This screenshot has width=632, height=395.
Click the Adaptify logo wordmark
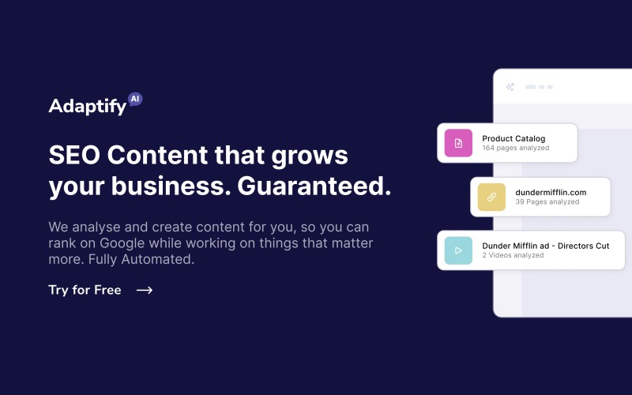point(88,106)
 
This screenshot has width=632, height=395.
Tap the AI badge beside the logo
point(135,100)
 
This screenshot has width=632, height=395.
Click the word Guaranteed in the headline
point(314,186)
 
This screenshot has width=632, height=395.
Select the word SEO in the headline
point(74,155)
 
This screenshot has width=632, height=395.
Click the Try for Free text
point(85,290)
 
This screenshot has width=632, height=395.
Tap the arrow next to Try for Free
point(145,290)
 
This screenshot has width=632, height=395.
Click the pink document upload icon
point(458,143)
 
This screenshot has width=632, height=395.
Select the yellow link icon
point(491,197)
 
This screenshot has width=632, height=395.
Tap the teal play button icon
point(458,250)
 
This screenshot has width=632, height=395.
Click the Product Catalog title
point(513,139)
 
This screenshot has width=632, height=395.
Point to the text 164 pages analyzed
point(516,148)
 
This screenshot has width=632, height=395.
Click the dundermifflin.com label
point(551,192)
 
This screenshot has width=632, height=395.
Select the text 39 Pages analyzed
point(547,202)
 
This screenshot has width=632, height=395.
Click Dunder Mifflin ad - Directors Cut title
point(545,246)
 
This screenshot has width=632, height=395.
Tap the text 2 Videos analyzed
point(513,255)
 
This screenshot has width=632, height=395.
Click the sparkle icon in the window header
point(510,87)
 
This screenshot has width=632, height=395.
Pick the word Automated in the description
point(157,259)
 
